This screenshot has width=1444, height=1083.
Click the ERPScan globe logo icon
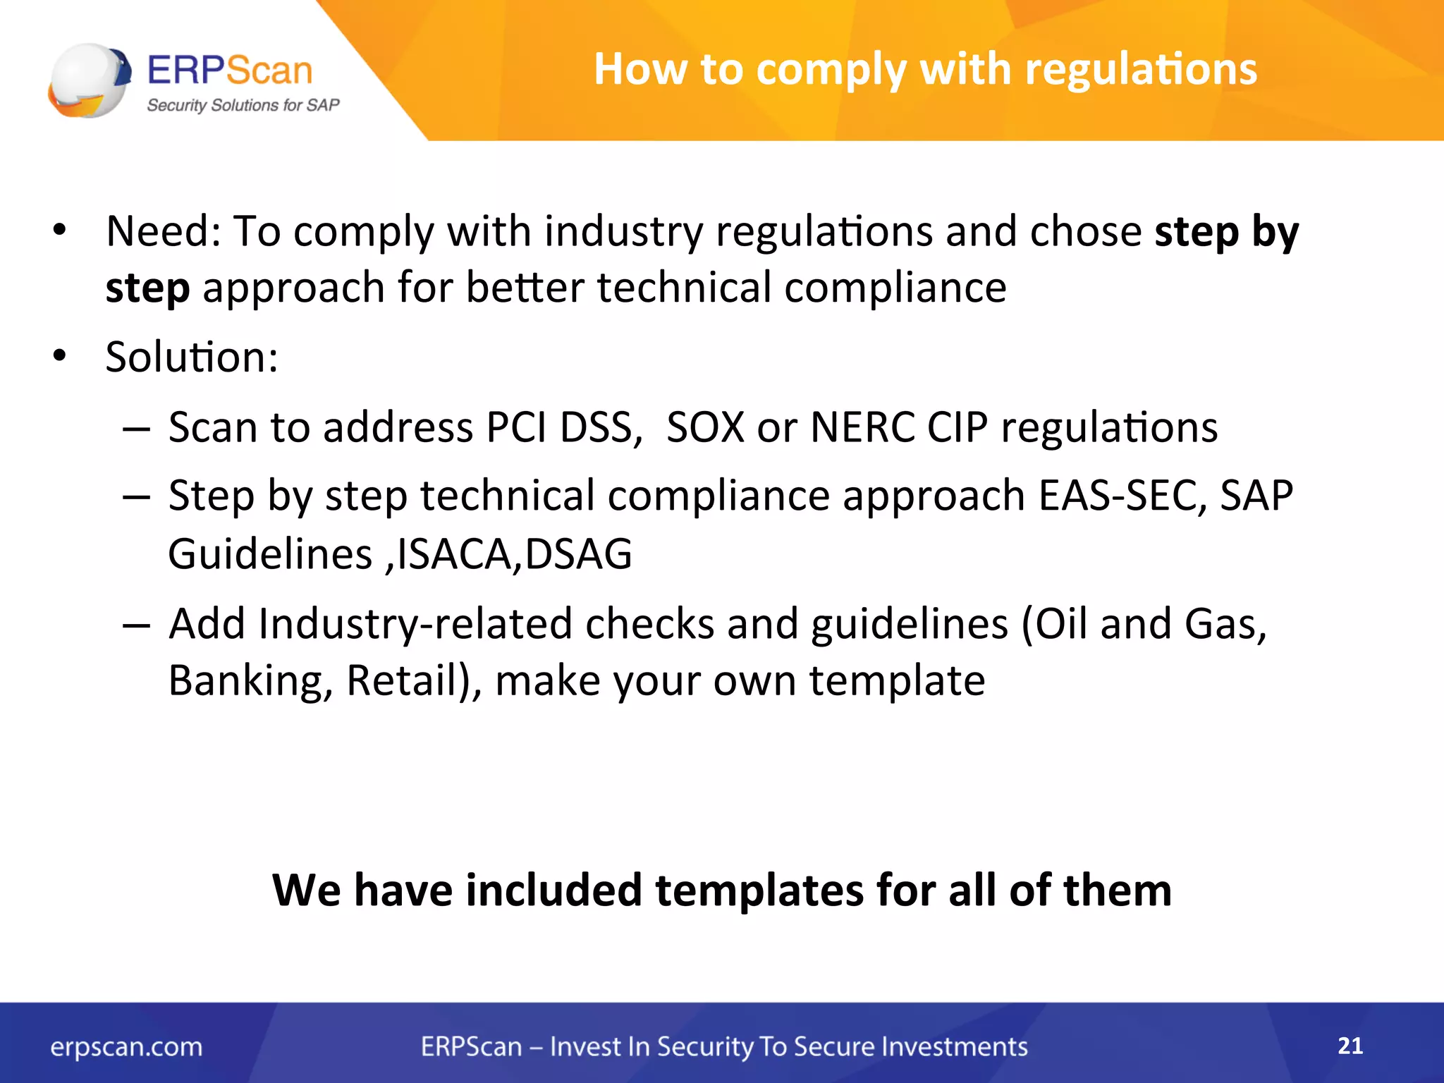pos(89,80)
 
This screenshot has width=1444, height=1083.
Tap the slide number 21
pos(1350,1045)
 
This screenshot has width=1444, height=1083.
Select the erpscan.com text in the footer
pos(126,1046)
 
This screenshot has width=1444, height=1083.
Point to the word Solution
pos(190,357)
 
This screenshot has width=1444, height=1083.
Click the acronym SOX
pos(705,427)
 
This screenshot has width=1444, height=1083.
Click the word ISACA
pos(458,554)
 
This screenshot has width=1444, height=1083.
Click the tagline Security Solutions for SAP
pos(243,105)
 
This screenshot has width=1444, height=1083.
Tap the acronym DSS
pos(601,427)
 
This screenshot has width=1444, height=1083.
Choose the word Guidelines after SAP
pos(270,554)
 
